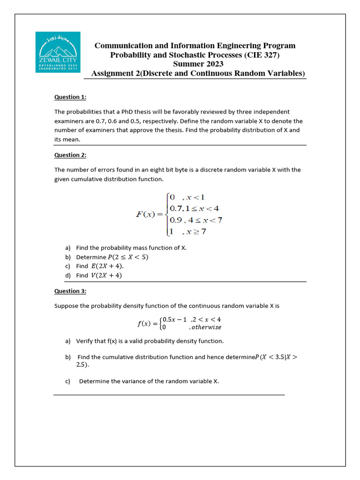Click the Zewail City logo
pos(58,52)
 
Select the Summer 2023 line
pos(198,64)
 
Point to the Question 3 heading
pos(70,291)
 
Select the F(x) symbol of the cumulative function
pos(145,214)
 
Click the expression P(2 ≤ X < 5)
pos(128,257)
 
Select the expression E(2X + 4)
pos(107,266)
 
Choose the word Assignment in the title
pos(112,74)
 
